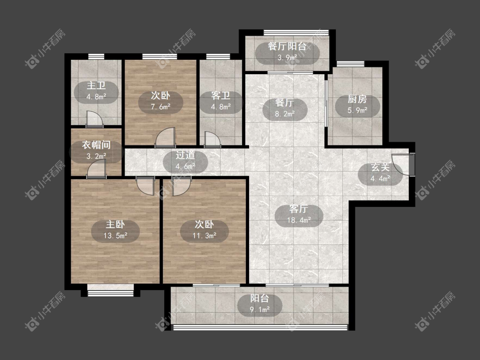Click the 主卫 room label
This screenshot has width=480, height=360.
[x=96, y=85]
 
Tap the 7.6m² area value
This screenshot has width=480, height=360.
[x=160, y=107]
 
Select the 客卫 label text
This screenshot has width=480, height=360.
[x=221, y=96]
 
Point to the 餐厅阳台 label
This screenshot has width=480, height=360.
[x=287, y=46]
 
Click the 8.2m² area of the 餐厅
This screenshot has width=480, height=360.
[x=285, y=114]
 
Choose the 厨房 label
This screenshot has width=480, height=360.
[x=357, y=99]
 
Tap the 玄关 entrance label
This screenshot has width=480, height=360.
[x=380, y=167]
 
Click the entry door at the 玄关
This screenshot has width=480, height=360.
[x=403, y=163]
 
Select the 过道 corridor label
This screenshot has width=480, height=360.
[x=185, y=155]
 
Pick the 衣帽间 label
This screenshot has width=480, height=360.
[x=96, y=145]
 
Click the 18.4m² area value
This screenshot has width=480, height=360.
[x=299, y=220]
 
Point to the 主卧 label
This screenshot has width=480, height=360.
[x=115, y=224]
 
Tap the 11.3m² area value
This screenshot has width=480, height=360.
[x=204, y=235]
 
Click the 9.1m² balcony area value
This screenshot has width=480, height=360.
[x=260, y=310]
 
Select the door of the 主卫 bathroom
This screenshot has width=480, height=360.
[x=95, y=119]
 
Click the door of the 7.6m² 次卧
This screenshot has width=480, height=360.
[x=165, y=138]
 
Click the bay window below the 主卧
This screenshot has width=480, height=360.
[x=111, y=290]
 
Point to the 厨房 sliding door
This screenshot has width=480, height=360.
[x=326, y=103]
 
